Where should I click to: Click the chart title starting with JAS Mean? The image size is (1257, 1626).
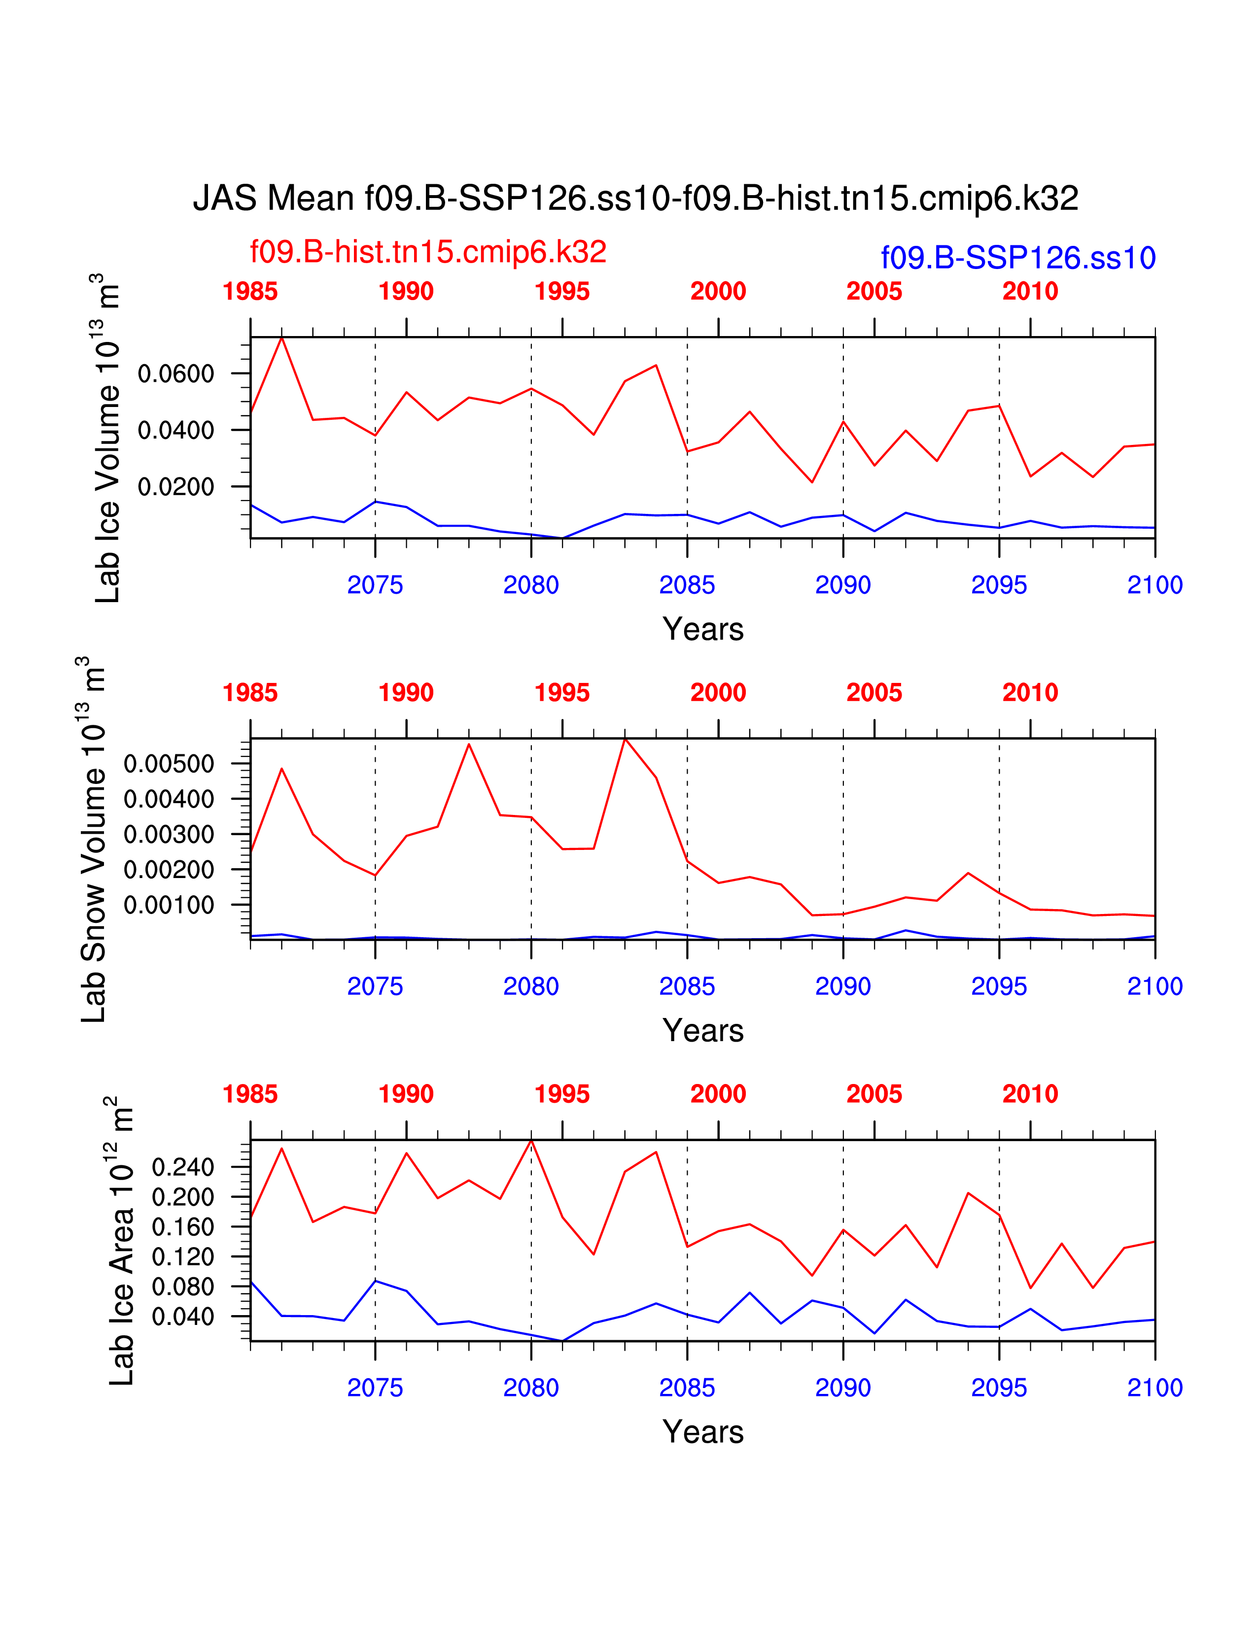pyautogui.click(x=635, y=199)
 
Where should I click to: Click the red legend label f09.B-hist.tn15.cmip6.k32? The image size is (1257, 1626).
pyautogui.click(x=428, y=252)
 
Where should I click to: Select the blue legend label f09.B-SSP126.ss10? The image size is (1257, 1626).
pyautogui.click(x=1018, y=258)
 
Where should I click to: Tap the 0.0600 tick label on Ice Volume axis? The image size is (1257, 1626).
pyautogui.click(x=176, y=374)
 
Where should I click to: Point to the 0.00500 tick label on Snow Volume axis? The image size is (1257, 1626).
pyautogui.click(x=169, y=763)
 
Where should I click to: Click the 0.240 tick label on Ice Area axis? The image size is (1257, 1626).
pyautogui.click(x=183, y=1167)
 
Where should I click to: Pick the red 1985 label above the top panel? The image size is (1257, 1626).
pyautogui.click(x=250, y=291)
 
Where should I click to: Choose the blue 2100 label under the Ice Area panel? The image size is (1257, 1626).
pyautogui.click(x=1154, y=1387)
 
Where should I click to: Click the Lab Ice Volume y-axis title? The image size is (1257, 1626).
pyautogui.click(x=107, y=439)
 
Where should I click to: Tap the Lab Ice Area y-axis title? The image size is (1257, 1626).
pyautogui.click(x=121, y=1240)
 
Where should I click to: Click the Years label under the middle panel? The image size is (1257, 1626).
pyautogui.click(x=703, y=1030)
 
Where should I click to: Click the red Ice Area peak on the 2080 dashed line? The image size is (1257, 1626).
pyautogui.click(x=531, y=1141)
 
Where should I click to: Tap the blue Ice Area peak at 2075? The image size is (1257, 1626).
pyautogui.click(x=375, y=1281)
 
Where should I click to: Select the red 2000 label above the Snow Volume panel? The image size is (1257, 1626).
pyautogui.click(x=718, y=692)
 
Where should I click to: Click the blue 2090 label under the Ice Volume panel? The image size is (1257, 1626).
pyautogui.click(x=843, y=585)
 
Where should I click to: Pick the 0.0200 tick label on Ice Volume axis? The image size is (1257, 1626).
pyautogui.click(x=176, y=487)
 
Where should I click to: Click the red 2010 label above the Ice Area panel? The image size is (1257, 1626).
pyautogui.click(x=1030, y=1094)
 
